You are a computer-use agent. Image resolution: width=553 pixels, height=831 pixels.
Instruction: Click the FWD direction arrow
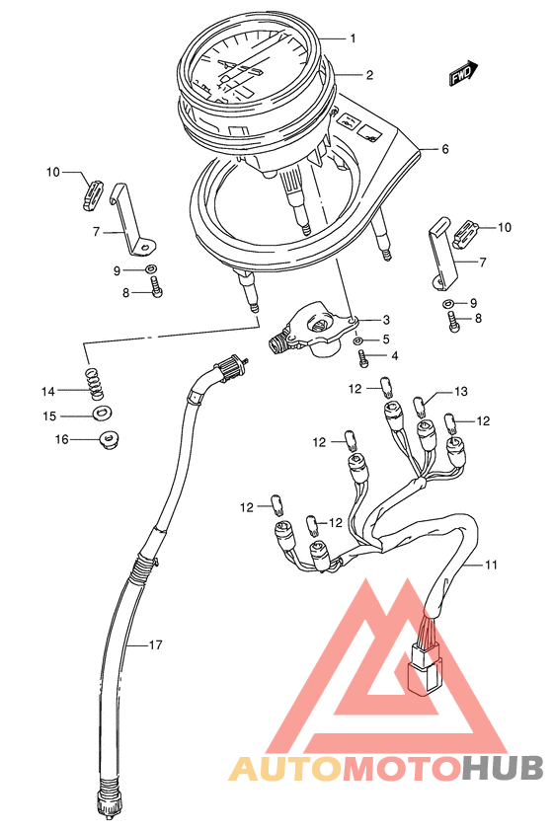coord(463,73)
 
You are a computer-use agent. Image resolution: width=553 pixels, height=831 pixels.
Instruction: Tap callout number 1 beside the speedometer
coord(353,38)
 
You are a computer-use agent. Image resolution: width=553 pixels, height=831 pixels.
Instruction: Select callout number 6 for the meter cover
coord(444,149)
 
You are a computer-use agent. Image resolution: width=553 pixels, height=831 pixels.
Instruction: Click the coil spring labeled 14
coord(94,384)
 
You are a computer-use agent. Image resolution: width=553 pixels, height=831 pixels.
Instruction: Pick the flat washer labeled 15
coord(102,413)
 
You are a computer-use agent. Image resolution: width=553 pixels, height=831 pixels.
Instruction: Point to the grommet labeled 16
coord(110,440)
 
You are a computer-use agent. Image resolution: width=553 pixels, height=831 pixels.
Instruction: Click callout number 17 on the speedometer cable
coord(155,645)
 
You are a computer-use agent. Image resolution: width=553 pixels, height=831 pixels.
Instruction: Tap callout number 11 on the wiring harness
coord(491,565)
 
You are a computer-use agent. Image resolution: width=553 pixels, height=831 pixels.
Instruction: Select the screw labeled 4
coord(363,359)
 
